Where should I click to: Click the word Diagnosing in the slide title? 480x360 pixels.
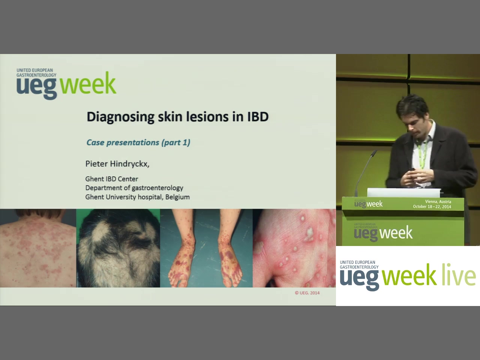tap(121, 117)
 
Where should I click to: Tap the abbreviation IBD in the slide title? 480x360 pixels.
tap(258, 117)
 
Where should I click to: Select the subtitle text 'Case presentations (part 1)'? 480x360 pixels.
tap(138, 142)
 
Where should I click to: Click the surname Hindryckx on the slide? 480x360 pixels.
tap(130, 164)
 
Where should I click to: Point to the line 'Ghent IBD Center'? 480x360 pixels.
tap(112, 179)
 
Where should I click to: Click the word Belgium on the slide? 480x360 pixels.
tap(177, 197)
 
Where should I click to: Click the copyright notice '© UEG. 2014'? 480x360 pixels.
tap(307, 293)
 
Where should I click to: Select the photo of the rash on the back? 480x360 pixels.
tap(38, 248)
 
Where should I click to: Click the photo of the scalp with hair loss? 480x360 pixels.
tap(118, 248)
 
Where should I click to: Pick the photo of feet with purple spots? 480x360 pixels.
tap(206, 248)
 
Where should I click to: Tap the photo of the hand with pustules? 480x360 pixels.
tap(294, 248)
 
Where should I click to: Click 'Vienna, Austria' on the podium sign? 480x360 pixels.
tap(438, 201)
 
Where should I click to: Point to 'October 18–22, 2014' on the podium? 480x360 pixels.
tap(432, 207)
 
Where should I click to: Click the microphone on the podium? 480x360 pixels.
tap(365, 172)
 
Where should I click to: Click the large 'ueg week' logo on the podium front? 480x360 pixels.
tap(383, 233)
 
